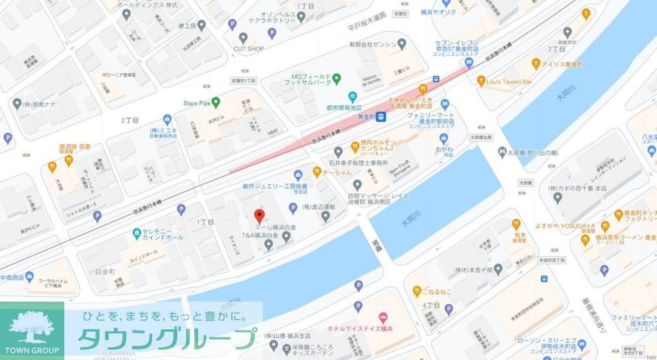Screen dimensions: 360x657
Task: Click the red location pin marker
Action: click(259, 216)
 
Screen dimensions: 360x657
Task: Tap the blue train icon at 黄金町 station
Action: click(381, 117)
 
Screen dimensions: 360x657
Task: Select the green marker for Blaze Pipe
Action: click(216, 101)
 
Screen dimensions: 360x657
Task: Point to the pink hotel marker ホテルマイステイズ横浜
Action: click(383, 318)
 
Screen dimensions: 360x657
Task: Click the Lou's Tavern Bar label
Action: click(509, 82)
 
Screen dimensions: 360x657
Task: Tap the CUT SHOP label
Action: click(248, 48)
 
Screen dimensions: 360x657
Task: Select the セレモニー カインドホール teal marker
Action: click(137, 232)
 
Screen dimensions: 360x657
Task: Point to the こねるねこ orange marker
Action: click(416, 291)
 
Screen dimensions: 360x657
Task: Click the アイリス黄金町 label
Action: click(561, 64)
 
